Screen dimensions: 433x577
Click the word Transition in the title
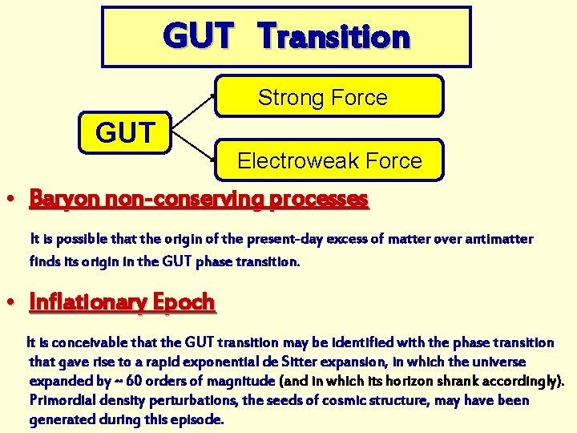click(335, 37)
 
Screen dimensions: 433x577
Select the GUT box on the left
click(125, 132)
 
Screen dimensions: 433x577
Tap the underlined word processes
click(319, 198)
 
